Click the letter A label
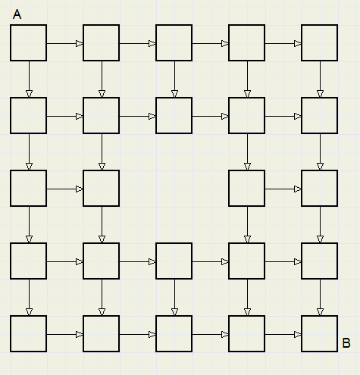(x=17, y=14)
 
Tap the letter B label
(x=346, y=343)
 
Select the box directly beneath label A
(x=29, y=42)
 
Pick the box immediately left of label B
(x=319, y=333)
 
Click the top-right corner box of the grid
(x=319, y=42)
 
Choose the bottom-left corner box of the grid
(x=29, y=333)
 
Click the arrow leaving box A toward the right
(x=65, y=44)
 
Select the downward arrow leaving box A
(x=29, y=80)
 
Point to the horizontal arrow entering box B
(x=283, y=335)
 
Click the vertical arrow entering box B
(x=320, y=297)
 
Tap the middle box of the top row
(x=174, y=42)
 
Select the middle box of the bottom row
(x=174, y=333)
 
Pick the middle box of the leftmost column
(x=29, y=188)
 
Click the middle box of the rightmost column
(x=319, y=188)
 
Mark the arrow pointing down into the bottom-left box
(x=29, y=297)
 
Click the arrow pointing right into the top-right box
(x=283, y=44)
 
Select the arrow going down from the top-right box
(x=320, y=80)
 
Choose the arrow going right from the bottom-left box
(x=65, y=335)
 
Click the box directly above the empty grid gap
(x=174, y=115)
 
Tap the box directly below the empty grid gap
(x=174, y=261)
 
